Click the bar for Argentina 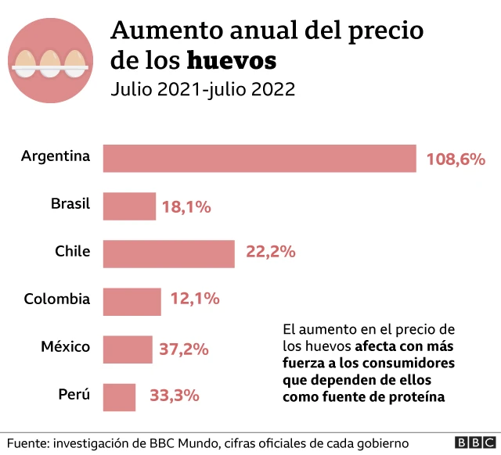259,159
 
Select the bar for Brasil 129,206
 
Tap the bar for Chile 168,253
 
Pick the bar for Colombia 132,301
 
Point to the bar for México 128,349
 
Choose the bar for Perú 119,396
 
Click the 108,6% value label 456,159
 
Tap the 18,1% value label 186,207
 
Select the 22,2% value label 270,252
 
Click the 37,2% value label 184,349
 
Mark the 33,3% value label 174,396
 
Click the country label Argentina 56,156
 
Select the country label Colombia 57,299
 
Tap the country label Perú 74,394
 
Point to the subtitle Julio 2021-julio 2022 203,89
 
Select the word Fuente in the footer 27,443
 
